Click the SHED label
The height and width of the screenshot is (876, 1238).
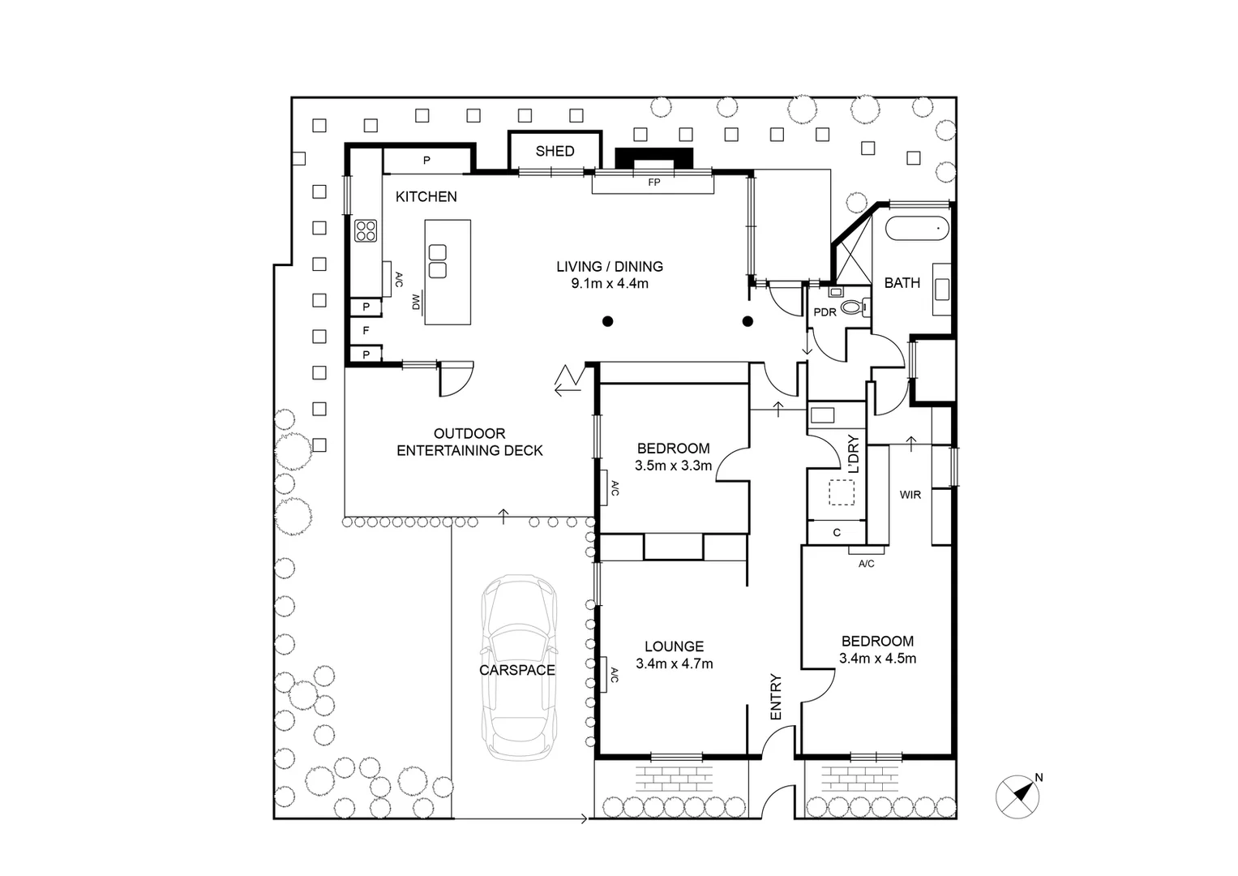pyautogui.click(x=555, y=151)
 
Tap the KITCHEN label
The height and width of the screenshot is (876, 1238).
pyautogui.click(x=426, y=196)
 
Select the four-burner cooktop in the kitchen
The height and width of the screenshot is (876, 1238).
pyautogui.click(x=366, y=231)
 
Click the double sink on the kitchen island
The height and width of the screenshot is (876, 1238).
pyautogui.click(x=438, y=261)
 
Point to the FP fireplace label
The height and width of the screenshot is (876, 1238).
pyautogui.click(x=653, y=182)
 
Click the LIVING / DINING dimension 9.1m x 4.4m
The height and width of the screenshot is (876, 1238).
pyautogui.click(x=610, y=284)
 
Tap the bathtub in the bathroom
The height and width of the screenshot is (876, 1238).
pyautogui.click(x=917, y=229)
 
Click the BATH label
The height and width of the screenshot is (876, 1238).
pyautogui.click(x=902, y=283)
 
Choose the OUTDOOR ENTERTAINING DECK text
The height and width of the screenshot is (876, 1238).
pyautogui.click(x=469, y=442)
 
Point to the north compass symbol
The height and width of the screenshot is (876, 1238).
pyautogui.click(x=1017, y=796)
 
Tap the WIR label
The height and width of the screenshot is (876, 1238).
pyautogui.click(x=910, y=495)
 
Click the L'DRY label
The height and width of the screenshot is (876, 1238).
pyautogui.click(x=853, y=455)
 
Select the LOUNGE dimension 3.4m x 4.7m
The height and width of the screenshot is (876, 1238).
pyautogui.click(x=674, y=664)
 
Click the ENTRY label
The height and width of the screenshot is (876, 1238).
pyautogui.click(x=775, y=697)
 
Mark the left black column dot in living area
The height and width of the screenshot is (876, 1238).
pyautogui.click(x=607, y=322)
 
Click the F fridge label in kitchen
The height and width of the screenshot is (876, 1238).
pyautogui.click(x=366, y=331)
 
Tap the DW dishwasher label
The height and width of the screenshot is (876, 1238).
pyautogui.click(x=416, y=303)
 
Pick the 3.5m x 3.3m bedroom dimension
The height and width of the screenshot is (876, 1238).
pyautogui.click(x=673, y=466)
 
